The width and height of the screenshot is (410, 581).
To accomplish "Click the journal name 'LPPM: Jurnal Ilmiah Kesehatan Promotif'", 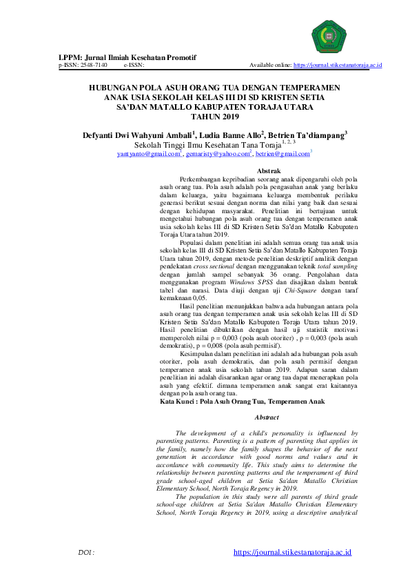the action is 128,57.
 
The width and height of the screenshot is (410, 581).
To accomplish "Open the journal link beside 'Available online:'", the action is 338,65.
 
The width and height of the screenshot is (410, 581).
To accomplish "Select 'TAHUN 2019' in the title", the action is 205,117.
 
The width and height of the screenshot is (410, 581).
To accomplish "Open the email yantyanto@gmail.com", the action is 149,155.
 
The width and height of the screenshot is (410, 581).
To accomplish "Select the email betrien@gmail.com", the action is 282,155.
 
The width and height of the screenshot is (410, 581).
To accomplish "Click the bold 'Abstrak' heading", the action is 267,170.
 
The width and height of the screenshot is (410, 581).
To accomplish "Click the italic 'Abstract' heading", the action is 267,417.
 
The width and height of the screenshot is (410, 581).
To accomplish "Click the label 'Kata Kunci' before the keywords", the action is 177,401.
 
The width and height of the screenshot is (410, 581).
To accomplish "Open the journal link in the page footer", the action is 293,553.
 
